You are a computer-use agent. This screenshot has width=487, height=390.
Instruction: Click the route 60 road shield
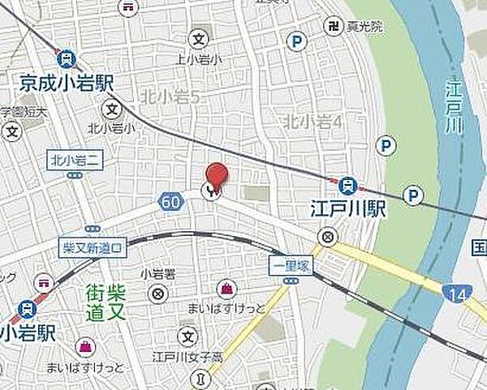170,200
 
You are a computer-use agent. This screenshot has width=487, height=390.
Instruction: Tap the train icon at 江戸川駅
347,186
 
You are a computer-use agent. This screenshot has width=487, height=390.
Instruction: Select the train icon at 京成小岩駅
67,58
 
